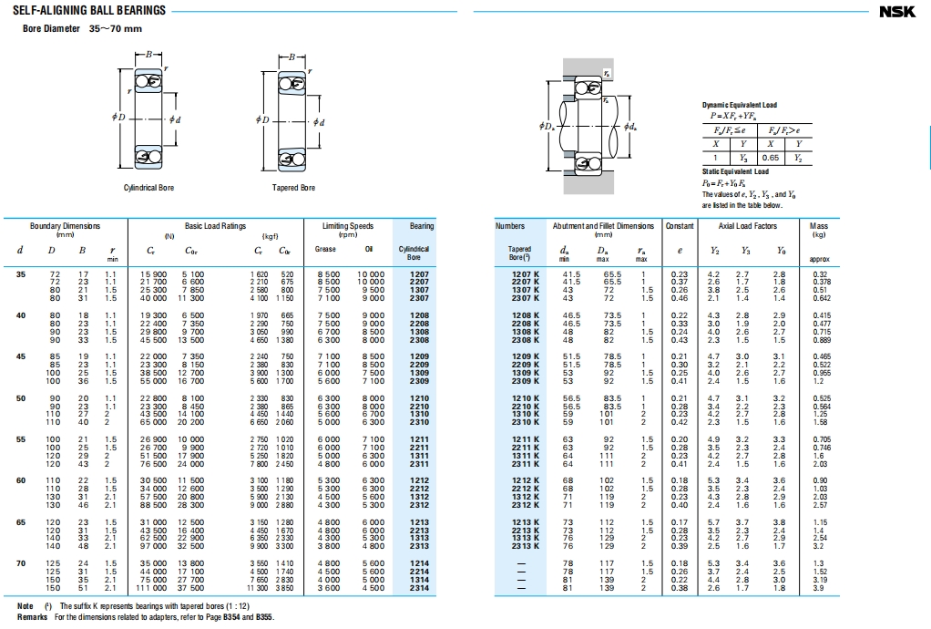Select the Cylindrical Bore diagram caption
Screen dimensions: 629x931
coord(148,188)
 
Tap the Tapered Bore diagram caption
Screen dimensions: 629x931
coord(293,188)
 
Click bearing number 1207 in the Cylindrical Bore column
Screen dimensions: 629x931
coord(419,274)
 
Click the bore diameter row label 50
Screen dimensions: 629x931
coord(21,398)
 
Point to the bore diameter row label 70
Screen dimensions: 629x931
coord(21,564)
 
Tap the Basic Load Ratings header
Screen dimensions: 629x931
coord(215,226)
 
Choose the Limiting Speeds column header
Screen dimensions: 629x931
coord(348,226)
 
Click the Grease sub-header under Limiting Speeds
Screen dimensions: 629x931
coord(325,248)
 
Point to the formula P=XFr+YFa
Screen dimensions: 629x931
coord(739,116)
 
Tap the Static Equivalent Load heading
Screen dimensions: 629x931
coord(735,171)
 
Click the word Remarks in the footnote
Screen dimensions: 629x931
coord(32,617)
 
